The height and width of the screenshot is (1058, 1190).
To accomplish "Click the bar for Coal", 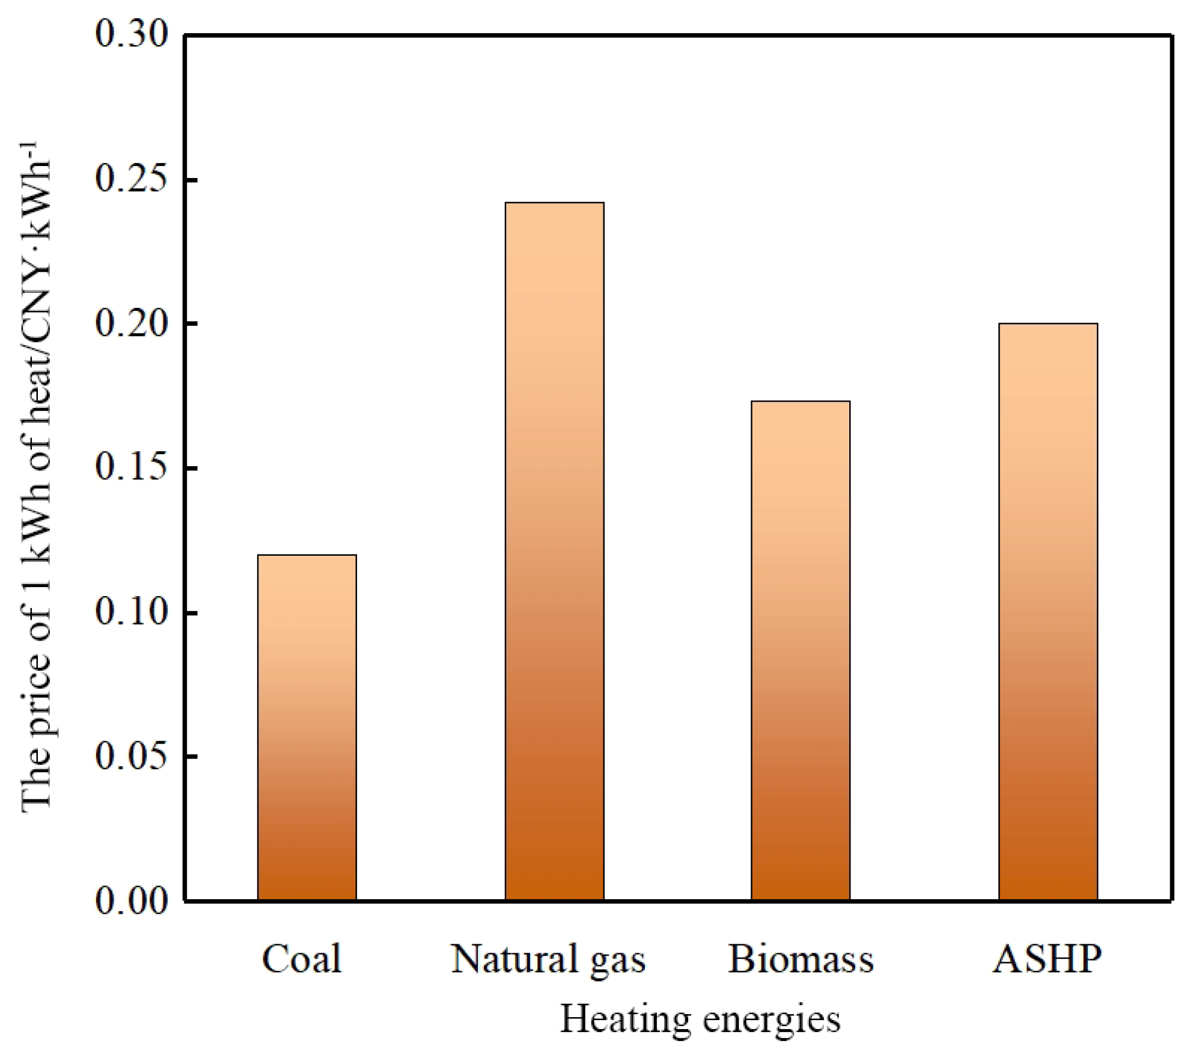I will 307,727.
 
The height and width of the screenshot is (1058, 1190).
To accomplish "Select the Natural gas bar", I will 554,551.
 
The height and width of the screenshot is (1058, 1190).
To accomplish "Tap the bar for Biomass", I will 801,650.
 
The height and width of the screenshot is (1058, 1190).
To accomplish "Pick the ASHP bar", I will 1048,612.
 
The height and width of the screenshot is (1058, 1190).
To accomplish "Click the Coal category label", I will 302,959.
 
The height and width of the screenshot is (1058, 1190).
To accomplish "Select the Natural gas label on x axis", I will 548,959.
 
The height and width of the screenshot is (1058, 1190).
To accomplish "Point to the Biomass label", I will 801,959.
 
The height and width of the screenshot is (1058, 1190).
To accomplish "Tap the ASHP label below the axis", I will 1047,959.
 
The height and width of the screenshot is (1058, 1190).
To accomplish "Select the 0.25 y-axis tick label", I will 132,179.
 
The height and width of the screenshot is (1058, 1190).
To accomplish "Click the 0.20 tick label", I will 132,323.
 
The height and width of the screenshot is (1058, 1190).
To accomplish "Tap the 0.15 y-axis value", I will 132,467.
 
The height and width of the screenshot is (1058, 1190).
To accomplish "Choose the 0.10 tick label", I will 132,612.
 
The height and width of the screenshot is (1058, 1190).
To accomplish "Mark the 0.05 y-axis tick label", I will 132,756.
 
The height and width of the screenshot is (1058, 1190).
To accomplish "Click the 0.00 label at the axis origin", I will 132,901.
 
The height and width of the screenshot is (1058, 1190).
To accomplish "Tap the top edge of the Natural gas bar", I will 554,203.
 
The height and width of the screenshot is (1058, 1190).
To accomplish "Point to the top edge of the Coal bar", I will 307,555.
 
